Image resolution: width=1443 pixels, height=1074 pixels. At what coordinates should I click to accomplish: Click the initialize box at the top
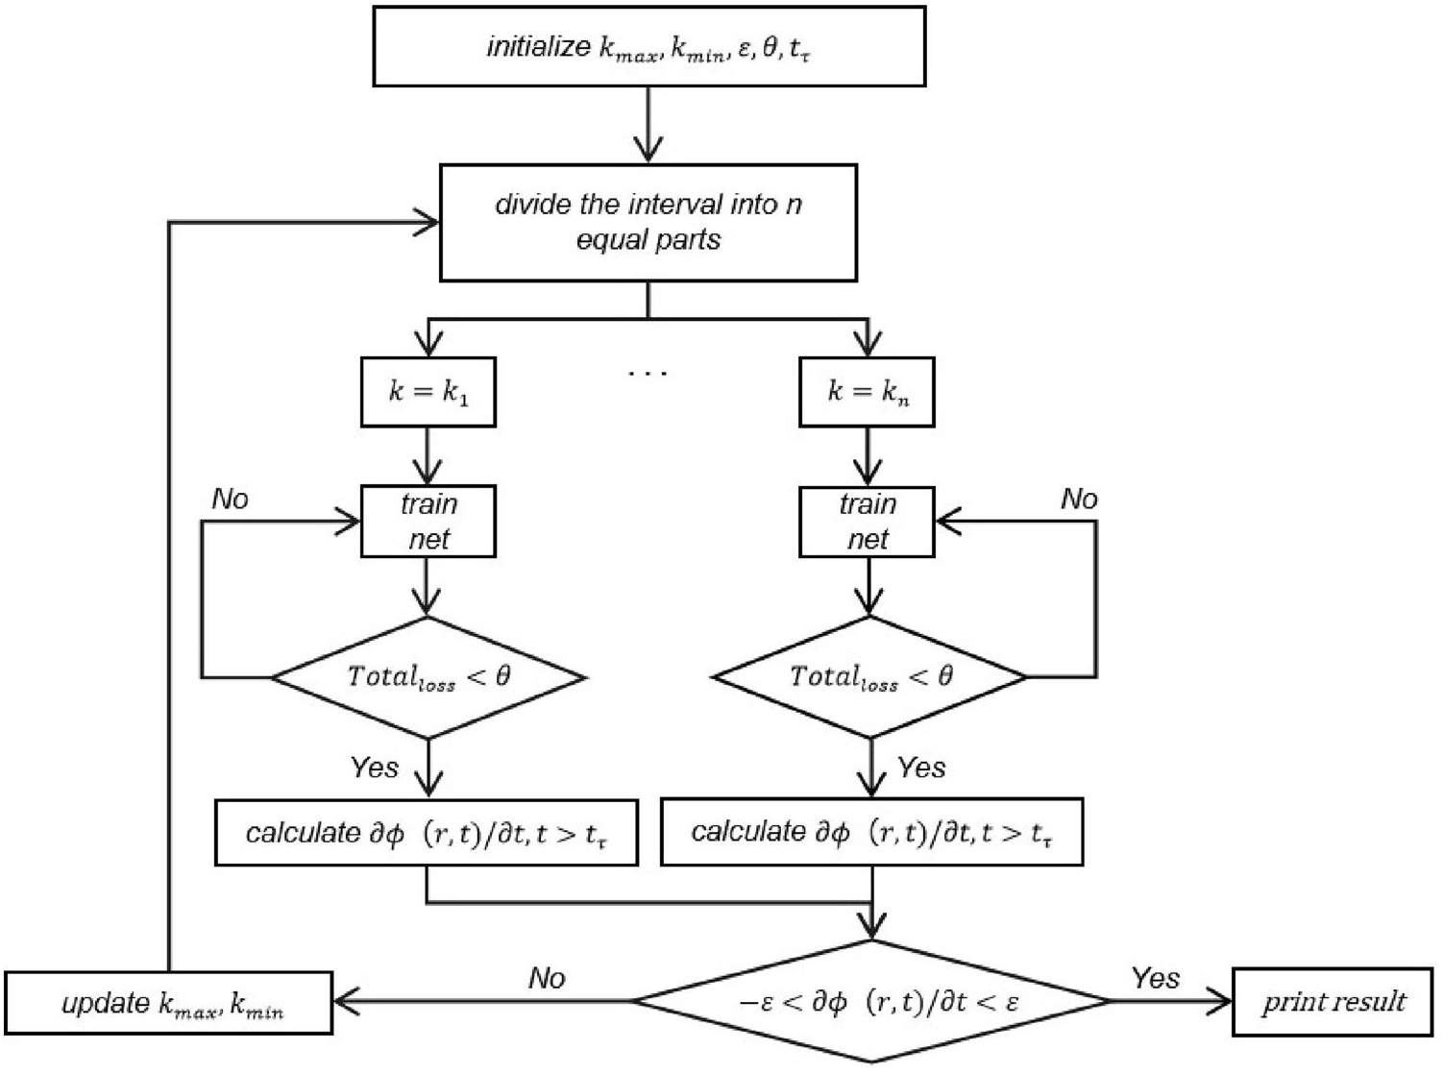click(x=648, y=47)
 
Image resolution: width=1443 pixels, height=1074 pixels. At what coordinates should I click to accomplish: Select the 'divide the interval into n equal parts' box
click(x=648, y=223)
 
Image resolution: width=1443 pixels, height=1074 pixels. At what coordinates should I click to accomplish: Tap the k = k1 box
click(x=428, y=392)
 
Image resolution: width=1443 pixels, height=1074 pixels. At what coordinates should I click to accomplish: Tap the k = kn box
click(x=867, y=392)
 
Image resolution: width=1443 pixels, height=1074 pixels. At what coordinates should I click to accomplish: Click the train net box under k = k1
click(x=428, y=522)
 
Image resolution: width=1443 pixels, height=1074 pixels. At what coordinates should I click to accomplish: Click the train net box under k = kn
click(x=867, y=522)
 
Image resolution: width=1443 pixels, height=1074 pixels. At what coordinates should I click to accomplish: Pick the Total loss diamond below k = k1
click(x=428, y=677)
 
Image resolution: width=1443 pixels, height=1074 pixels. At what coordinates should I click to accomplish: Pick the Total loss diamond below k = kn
click(x=870, y=677)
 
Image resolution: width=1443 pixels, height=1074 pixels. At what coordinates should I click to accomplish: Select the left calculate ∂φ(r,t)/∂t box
click(x=427, y=832)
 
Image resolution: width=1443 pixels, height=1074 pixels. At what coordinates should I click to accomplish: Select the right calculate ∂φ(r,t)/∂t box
click(x=872, y=832)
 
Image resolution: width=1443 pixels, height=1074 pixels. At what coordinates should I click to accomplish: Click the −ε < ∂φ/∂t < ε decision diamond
click(x=872, y=1002)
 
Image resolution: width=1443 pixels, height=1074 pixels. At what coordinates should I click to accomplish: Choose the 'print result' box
click(x=1333, y=1002)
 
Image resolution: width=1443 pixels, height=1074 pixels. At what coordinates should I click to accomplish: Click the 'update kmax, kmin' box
click(x=169, y=1004)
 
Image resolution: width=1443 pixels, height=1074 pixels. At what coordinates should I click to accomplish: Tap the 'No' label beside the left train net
click(x=230, y=499)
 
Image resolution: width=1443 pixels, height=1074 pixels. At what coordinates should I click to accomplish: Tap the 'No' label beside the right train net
click(x=1079, y=499)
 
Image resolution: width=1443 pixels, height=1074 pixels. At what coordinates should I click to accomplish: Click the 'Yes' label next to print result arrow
click(x=1155, y=978)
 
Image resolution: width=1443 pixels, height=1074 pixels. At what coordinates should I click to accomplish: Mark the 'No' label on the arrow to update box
click(x=547, y=978)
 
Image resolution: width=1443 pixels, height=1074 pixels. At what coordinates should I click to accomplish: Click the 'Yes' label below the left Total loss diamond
click(x=374, y=767)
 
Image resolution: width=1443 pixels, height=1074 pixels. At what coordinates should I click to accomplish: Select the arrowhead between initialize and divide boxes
click(x=648, y=151)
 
